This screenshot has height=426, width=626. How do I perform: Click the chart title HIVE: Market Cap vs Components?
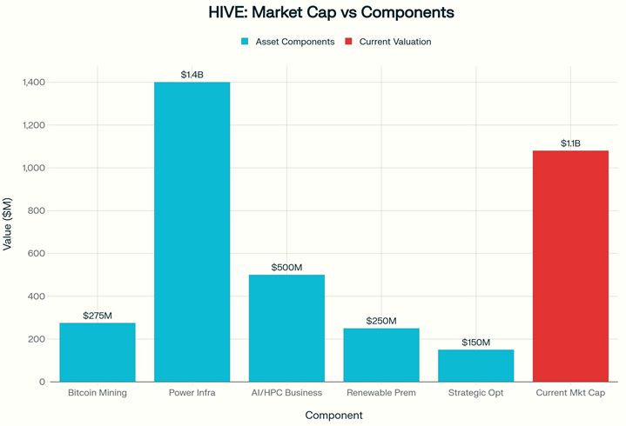(332, 14)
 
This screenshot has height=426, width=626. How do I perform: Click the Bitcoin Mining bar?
(98, 352)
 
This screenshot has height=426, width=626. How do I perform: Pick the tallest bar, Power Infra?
(192, 231)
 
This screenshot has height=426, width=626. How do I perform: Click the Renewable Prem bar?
(381, 355)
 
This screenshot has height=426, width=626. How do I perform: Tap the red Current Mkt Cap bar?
(570, 266)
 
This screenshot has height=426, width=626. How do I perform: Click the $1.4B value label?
(192, 75)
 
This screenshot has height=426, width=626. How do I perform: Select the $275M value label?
(98, 315)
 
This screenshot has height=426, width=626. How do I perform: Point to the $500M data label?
(286, 267)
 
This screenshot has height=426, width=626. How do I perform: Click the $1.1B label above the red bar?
(570, 143)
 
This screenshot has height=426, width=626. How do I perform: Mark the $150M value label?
(475, 342)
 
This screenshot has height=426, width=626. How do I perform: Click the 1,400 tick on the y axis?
(34, 83)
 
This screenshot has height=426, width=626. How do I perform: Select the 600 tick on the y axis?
(37, 254)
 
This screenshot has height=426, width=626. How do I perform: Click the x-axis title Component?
(333, 416)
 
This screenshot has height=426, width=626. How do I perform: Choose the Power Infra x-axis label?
(192, 393)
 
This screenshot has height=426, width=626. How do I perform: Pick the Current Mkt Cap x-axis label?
(570, 393)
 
